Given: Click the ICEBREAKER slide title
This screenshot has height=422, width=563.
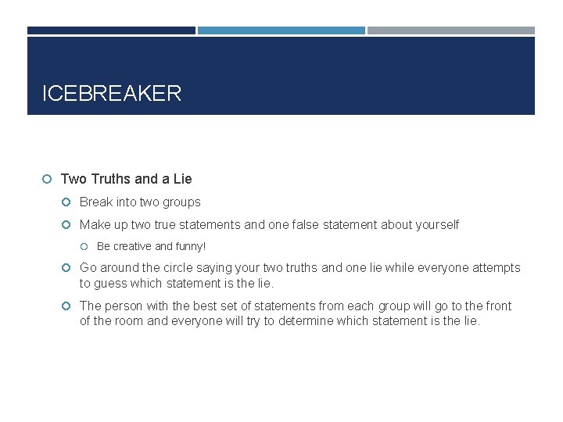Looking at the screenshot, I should (112, 94).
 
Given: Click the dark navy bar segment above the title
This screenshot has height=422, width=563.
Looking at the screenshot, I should (111, 30).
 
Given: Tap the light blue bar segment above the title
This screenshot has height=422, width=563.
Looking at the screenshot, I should (281, 30).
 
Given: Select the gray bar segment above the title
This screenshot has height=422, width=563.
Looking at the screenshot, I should (451, 30).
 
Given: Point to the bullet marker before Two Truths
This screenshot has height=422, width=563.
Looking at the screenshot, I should (48, 179).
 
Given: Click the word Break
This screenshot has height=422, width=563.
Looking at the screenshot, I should (96, 202).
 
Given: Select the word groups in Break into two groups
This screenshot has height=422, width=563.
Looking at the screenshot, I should (182, 202).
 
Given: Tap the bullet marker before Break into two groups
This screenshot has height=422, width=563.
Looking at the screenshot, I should (68, 202).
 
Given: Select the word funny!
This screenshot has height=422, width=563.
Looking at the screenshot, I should (190, 246).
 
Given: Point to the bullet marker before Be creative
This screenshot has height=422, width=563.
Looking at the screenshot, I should (86, 246).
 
